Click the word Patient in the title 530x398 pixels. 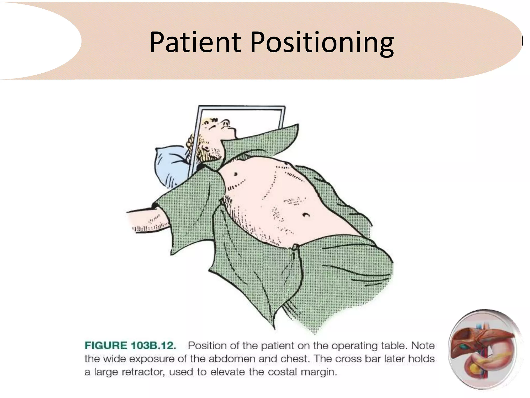[195, 42]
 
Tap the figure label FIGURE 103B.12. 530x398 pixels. [130, 346]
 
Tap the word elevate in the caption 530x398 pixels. [228, 372]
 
